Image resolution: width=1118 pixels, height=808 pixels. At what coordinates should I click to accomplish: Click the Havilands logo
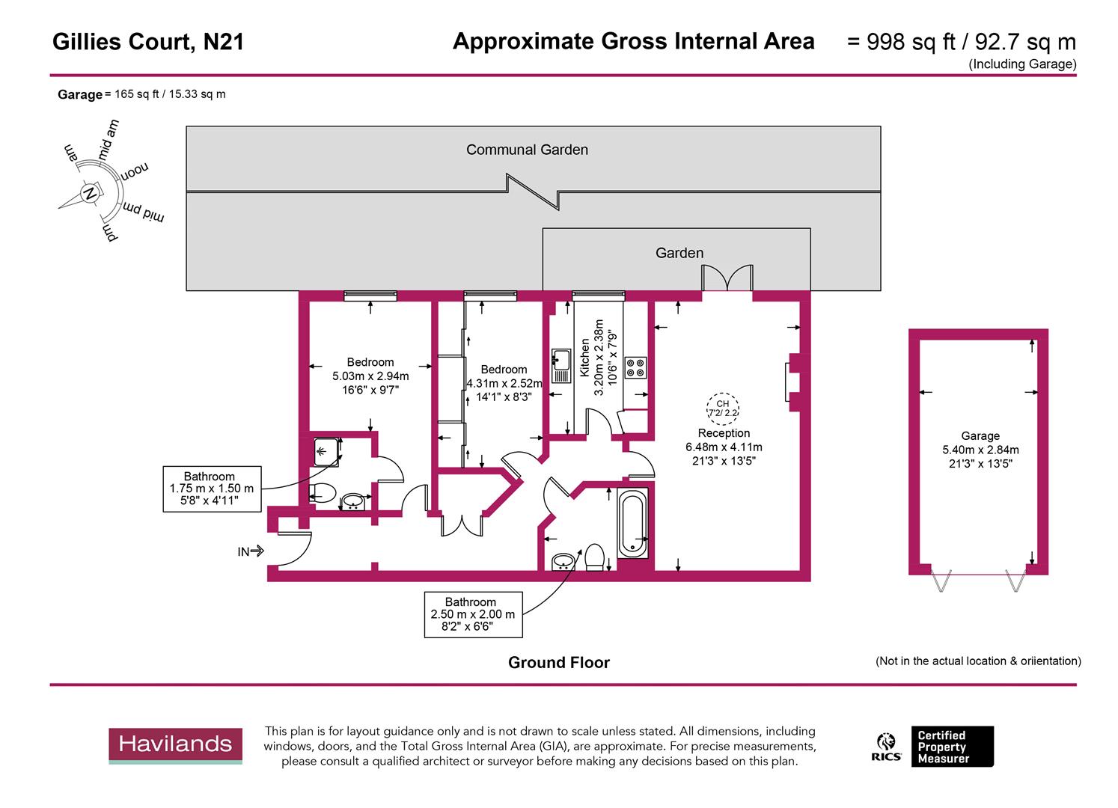point(175,745)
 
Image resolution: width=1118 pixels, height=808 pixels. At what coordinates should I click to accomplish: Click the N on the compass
point(91,194)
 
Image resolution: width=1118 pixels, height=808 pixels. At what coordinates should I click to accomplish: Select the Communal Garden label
point(527,150)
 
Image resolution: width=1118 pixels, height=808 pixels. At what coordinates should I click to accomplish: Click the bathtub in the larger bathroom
point(633,524)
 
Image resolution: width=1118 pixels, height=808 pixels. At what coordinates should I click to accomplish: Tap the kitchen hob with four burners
point(636,367)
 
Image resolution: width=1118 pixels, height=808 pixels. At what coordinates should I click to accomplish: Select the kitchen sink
point(560,366)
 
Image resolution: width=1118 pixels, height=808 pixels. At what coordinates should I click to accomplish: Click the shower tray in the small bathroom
point(326,451)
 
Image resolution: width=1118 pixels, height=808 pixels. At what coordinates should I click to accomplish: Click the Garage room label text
point(980,436)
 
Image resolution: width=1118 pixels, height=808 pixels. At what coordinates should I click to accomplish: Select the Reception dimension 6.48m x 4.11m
point(724,447)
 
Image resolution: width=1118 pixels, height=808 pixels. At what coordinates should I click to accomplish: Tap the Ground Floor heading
point(558,663)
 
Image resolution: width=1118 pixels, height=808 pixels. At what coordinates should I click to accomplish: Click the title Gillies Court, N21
point(148,42)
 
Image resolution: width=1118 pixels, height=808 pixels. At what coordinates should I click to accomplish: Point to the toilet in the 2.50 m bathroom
point(595,557)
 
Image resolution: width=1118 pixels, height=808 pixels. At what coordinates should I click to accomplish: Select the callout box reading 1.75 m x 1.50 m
point(212,489)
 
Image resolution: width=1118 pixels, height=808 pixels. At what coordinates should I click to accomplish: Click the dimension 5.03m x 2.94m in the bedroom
point(370,376)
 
